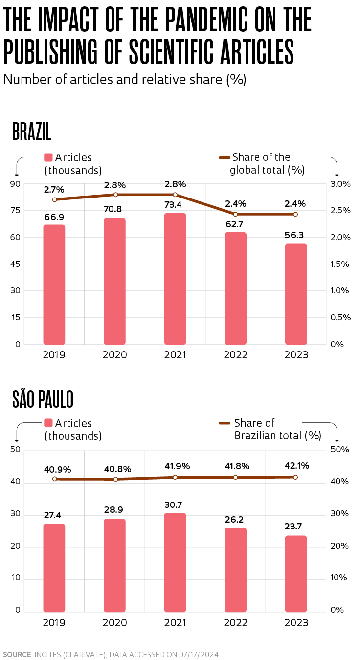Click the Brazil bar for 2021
(175, 279)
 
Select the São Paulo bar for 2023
(296, 573)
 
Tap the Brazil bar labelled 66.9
(54, 285)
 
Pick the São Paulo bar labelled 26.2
(235, 570)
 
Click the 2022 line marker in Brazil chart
(235, 214)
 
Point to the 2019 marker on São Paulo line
(55, 479)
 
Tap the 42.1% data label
(295, 465)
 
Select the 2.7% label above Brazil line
(54, 189)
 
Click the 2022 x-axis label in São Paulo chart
(236, 623)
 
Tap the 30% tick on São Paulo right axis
(340, 514)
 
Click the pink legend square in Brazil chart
(48, 157)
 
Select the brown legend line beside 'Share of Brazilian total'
(225, 423)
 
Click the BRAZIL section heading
(32, 133)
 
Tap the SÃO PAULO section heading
(43, 399)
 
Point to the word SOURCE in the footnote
(17, 654)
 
